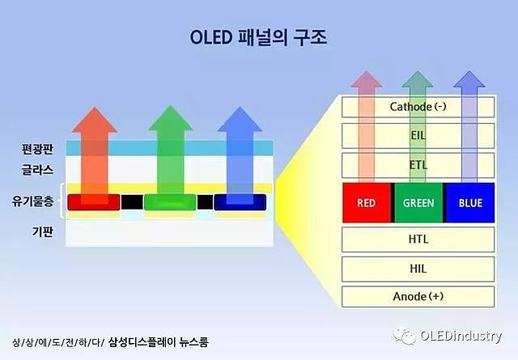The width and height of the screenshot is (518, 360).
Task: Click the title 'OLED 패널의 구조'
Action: point(259,37)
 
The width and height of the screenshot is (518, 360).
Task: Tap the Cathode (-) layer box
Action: point(418,107)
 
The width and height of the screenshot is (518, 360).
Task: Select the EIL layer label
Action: point(418,135)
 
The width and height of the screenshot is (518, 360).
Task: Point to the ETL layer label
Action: point(418,165)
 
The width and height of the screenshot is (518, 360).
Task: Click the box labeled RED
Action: point(367,202)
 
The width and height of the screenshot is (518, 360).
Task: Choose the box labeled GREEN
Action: point(418,202)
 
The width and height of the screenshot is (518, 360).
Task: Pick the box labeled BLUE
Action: point(470,202)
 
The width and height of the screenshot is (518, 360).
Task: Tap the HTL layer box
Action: point(418,239)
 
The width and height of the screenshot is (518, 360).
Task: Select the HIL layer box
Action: point(418,269)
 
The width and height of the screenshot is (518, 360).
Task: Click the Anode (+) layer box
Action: point(418,297)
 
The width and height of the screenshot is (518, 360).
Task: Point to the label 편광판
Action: point(37,149)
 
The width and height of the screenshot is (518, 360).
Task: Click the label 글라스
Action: point(37,170)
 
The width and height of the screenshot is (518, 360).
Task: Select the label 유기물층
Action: point(32,201)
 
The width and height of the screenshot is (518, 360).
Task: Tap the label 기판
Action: point(43,231)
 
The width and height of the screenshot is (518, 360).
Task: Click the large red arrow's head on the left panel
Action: point(95,121)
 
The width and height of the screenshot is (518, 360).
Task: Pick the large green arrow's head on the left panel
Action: point(171,119)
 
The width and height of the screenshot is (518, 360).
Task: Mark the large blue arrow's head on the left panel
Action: point(240,120)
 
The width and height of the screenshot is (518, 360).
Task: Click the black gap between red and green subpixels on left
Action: point(132,202)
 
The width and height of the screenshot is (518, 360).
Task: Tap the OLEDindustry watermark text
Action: point(461,337)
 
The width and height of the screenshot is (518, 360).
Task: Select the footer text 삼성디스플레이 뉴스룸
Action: point(159,342)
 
